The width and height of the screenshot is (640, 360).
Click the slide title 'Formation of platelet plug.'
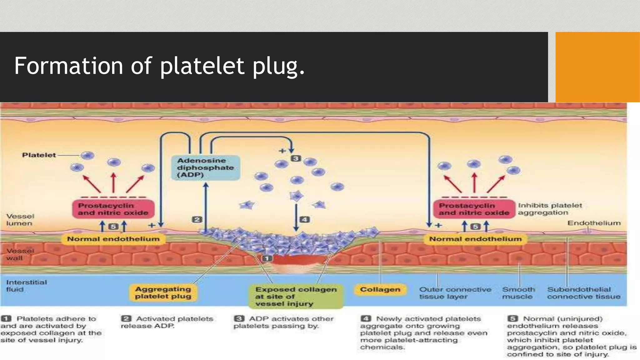pyautogui.click(x=159, y=66)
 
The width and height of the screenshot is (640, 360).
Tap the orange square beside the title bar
pyautogui.click(x=597, y=67)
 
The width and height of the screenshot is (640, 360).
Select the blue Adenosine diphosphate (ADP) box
pyautogui.click(x=206, y=167)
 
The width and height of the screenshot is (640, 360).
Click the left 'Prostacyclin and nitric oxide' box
pyautogui.click(x=113, y=209)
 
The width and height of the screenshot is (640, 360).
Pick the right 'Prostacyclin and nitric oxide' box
pyautogui.click(x=474, y=209)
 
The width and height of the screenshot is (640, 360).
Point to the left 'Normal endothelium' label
pyautogui.click(x=113, y=239)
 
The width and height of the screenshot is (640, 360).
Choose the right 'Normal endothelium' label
pyautogui.click(x=475, y=239)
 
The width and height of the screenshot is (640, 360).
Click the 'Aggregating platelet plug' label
pyautogui.click(x=163, y=293)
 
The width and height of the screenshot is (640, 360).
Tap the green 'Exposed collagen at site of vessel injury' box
pyautogui.click(x=296, y=296)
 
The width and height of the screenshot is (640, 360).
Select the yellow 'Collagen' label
pyautogui.click(x=380, y=289)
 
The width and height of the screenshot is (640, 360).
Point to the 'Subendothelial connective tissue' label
pyautogui.click(x=583, y=293)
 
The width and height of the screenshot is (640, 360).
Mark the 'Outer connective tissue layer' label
pyautogui.click(x=455, y=293)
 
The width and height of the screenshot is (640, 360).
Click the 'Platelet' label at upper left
pyautogui.click(x=39, y=155)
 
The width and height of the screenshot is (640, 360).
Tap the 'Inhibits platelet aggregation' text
pyautogui.click(x=550, y=209)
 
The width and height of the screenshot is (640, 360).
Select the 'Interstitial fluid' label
pyautogui.click(x=26, y=286)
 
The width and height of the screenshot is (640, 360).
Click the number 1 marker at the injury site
pyautogui.click(x=267, y=258)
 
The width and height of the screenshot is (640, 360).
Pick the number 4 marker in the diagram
pyautogui.click(x=304, y=219)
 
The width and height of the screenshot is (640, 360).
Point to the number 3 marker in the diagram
pyautogui.click(x=296, y=158)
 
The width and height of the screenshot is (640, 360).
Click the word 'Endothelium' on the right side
pyautogui.click(x=594, y=223)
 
